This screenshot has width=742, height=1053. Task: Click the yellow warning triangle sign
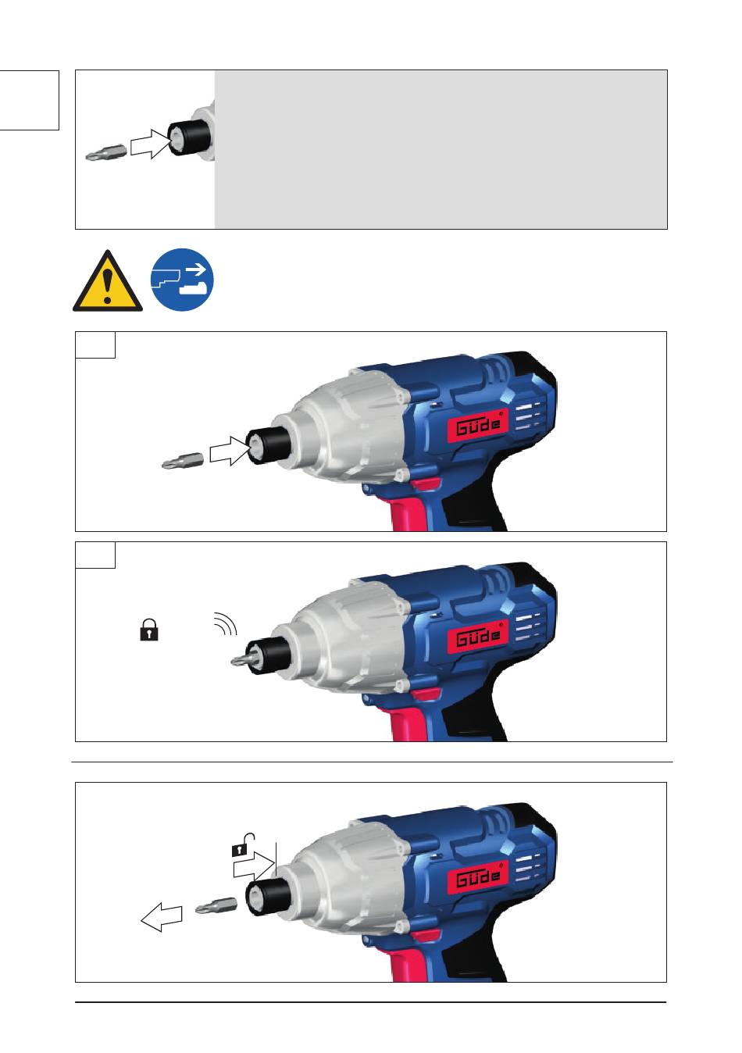click(x=107, y=283)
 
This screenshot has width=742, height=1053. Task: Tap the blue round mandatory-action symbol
click(x=182, y=280)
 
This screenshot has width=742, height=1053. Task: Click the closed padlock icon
click(x=149, y=630)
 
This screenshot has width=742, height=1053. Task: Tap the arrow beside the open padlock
click(x=254, y=866)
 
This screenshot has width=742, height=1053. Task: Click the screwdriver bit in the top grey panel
click(x=106, y=153)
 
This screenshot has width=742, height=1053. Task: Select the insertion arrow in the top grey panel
click(x=151, y=144)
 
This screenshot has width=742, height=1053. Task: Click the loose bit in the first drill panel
click(x=182, y=461)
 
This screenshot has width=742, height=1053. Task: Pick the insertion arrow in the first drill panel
click(x=230, y=451)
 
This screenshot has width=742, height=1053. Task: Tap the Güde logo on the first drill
click(x=477, y=425)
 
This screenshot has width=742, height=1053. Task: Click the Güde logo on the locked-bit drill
click(x=477, y=636)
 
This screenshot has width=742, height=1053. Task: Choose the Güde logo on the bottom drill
click(x=477, y=876)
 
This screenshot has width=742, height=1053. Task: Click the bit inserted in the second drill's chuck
click(x=244, y=658)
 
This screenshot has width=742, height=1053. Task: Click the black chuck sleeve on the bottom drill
click(x=268, y=896)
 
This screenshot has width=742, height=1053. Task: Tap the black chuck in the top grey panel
click(x=188, y=137)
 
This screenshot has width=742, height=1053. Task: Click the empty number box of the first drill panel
click(x=95, y=345)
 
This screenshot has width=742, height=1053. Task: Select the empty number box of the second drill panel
click(x=95, y=555)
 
